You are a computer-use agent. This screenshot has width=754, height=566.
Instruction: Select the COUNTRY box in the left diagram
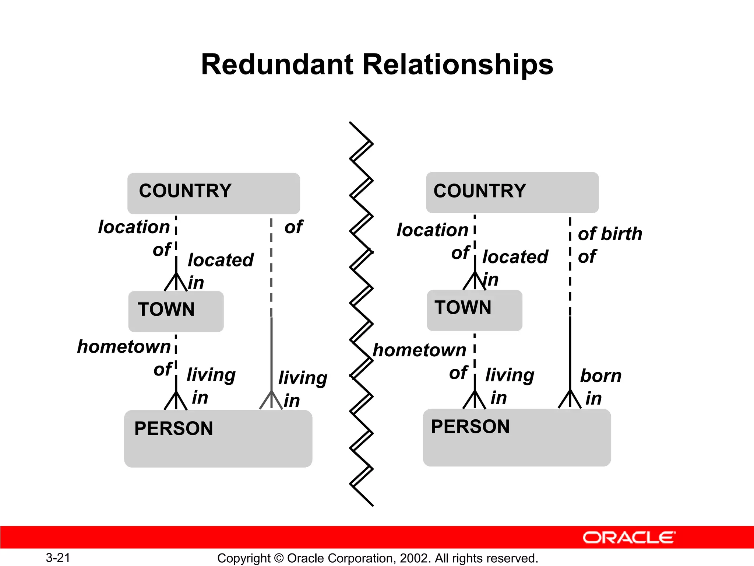tap(214, 193)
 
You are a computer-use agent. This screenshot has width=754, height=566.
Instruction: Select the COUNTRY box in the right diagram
tap(512, 192)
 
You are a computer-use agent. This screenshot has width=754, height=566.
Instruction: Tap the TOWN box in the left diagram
tap(176, 311)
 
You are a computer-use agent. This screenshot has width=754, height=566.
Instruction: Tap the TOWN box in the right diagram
tap(474, 310)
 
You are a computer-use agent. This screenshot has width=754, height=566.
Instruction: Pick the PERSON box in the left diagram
tap(218, 439)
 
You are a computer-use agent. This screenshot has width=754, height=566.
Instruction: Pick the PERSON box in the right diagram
tap(517, 437)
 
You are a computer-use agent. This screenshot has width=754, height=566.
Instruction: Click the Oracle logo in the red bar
tap(629, 538)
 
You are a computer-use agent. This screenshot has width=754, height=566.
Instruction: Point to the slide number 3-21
tap(58, 558)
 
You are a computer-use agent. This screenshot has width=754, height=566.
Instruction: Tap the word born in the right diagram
tap(601, 376)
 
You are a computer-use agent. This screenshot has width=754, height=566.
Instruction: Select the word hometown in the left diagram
tap(124, 347)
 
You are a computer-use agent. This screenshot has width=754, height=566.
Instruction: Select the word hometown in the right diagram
tap(419, 350)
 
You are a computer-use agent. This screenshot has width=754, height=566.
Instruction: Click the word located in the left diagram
tap(221, 260)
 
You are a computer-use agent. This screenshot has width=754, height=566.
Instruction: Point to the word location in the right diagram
tap(432, 230)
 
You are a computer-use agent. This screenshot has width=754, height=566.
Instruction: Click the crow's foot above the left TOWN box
tap(176, 282)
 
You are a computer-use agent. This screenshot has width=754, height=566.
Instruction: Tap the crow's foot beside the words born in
tap(570, 399)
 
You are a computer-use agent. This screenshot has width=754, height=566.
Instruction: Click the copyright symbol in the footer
tap(279, 558)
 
